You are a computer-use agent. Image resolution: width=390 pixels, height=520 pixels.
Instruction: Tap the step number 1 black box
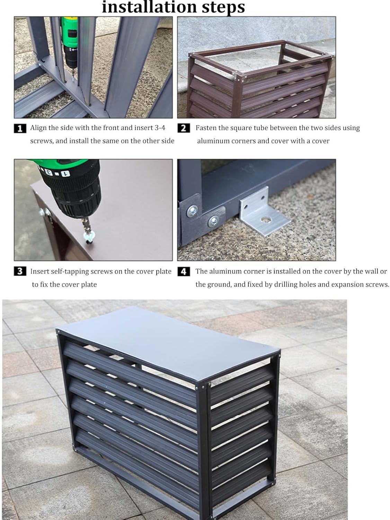[x=20, y=129]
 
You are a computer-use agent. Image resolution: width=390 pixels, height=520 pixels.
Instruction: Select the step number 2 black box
[x=184, y=128]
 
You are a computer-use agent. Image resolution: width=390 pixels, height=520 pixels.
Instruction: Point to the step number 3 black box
[x=20, y=271]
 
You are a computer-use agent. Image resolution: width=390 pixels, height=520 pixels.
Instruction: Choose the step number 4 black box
[x=184, y=271]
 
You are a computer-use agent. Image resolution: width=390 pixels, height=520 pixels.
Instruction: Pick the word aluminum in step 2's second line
[x=214, y=141]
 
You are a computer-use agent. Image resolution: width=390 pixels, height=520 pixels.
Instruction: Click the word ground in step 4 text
[x=219, y=285]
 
